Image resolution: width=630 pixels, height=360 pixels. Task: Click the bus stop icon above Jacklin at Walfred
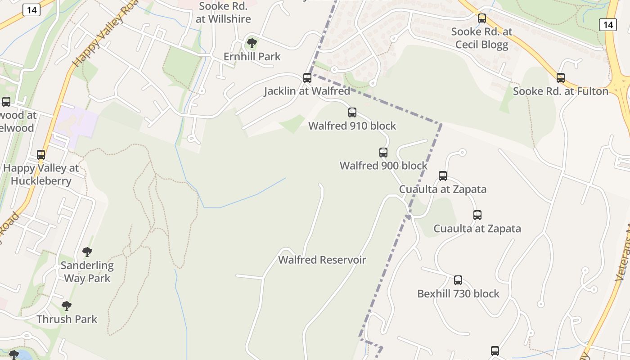tap(307, 78)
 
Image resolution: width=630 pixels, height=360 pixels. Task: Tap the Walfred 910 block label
tap(352, 126)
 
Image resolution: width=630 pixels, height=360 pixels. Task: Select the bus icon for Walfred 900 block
tap(383, 153)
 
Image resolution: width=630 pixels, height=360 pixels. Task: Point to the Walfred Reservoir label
tap(322, 260)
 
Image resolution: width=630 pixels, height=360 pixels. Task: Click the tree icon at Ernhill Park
tap(252, 44)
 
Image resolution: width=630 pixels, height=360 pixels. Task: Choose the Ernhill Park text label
tap(252, 57)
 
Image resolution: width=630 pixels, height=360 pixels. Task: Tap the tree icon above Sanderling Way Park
tap(87, 252)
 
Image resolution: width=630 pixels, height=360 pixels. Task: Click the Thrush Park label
tap(67, 319)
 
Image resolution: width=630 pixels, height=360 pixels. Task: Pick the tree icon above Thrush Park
tap(67, 306)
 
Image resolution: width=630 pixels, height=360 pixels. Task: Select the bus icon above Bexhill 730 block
tap(458, 280)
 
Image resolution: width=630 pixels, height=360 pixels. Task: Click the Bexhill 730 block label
tap(458, 294)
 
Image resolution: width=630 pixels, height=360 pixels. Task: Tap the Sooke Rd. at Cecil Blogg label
tap(481, 38)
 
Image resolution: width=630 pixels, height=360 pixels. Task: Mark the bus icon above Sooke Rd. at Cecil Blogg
tap(482, 18)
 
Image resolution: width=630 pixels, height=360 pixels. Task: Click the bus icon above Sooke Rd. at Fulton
tap(561, 78)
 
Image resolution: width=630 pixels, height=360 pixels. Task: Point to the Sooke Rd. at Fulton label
tap(561, 91)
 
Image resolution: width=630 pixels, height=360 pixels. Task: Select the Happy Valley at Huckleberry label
tap(41, 175)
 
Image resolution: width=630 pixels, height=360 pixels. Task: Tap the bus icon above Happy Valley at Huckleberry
tap(41, 155)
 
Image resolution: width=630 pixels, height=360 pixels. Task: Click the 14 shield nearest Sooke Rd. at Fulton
tap(607, 25)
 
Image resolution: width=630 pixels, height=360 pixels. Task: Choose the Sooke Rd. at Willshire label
tap(223, 13)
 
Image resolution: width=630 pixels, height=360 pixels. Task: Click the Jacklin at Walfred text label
tap(307, 91)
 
